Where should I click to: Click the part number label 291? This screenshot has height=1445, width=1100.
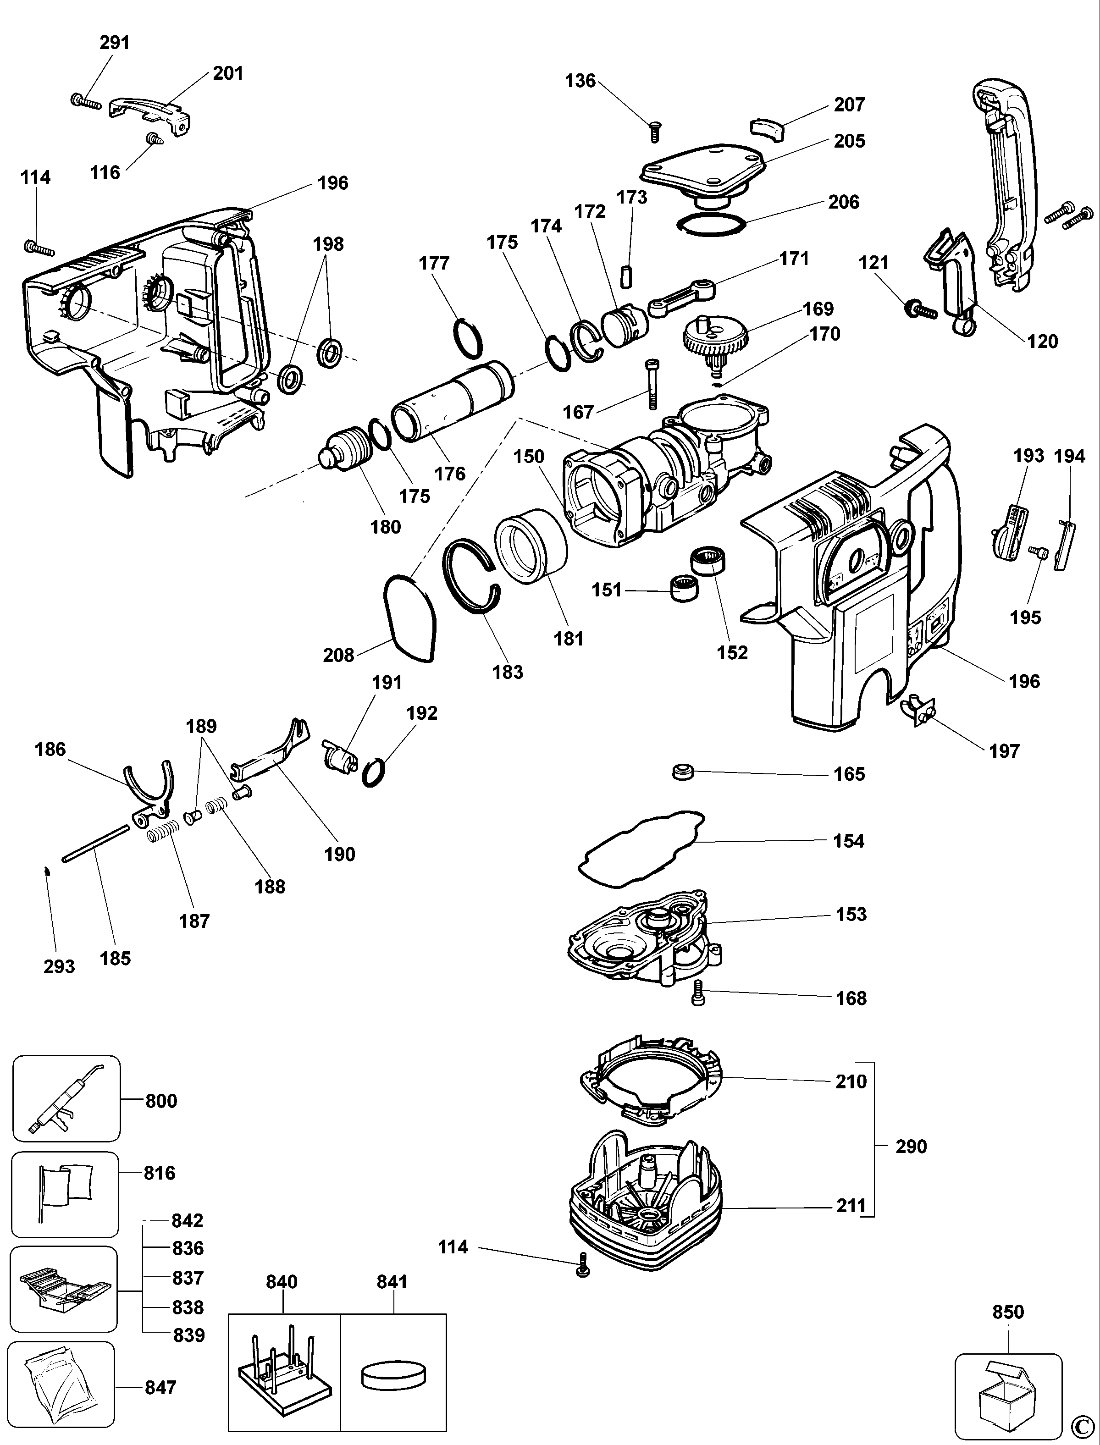(x=115, y=43)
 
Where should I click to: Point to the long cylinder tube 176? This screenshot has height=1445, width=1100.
(x=452, y=399)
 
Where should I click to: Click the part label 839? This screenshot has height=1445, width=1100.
(x=188, y=1335)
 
